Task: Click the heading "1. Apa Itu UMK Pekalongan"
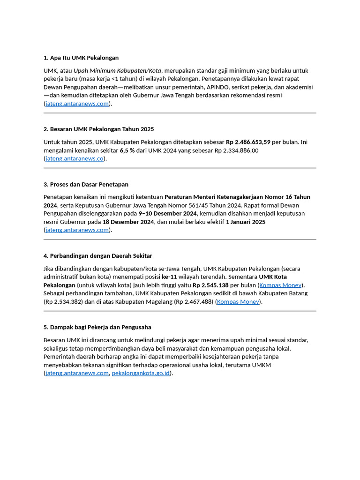tap(81, 58)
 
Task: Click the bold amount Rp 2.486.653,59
tap(248, 142)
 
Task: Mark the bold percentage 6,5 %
tap(127, 150)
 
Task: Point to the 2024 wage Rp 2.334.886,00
tap(236, 150)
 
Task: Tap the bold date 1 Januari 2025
tap(246, 222)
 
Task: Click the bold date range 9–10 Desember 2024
tap(167, 213)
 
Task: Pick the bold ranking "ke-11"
tap(171, 277)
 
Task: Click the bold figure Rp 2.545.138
tap(210, 285)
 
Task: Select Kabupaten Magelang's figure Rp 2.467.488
tap(193, 301)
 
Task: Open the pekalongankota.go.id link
tap(141, 373)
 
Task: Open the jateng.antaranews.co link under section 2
tap(75, 158)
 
